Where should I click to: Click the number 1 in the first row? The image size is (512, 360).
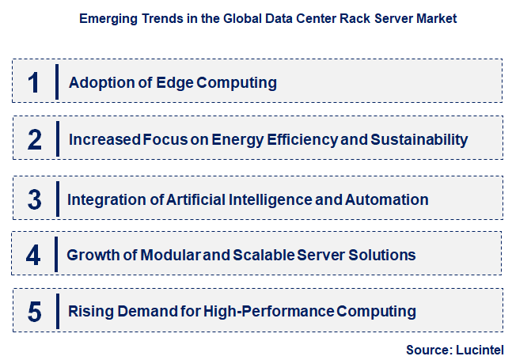[33, 81]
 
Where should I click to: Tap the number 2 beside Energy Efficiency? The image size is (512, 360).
[34, 139]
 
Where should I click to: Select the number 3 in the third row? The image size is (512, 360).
[34, 198]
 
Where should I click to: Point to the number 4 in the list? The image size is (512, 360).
[33, 255]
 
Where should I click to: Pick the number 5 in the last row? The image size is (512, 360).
[34, 312]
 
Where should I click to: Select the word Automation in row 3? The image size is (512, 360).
[386, 199]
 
